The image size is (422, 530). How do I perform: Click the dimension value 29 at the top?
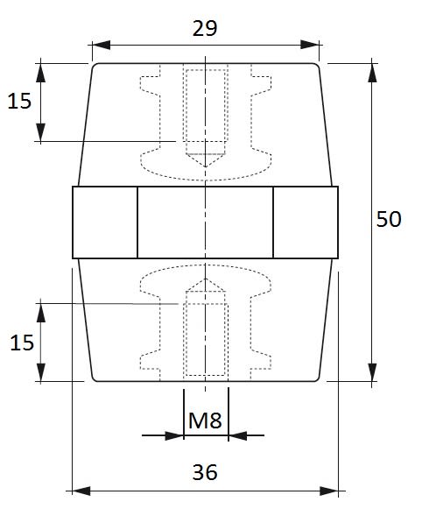click(x=205, y=28)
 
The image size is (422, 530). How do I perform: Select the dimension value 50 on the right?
click(x=389, y=219)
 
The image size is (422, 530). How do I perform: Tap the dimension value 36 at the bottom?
click(x=205, y=472)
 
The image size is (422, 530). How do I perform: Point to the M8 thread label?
click(x=205, y=420)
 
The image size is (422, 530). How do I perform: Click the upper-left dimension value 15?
click(x=19, y=101)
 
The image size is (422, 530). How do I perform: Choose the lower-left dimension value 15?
click(x=22, y=343)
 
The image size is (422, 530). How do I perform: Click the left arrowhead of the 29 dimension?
click(x=101, y=45)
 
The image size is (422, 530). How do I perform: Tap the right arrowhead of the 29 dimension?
click(x=310, y=45)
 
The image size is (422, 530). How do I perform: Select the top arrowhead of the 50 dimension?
click(x=372, y=73)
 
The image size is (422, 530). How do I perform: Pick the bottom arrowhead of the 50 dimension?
click(x=372, y=372)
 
